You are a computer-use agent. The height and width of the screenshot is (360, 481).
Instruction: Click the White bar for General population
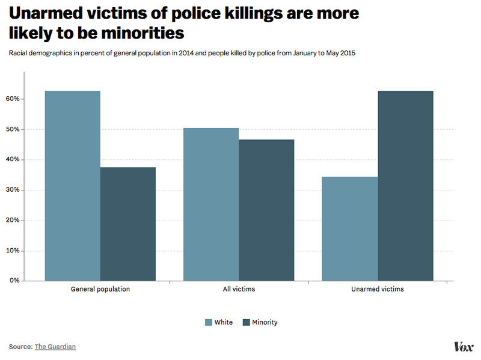click(72, 186)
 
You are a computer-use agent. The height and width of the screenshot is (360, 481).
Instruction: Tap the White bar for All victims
click(210, 204)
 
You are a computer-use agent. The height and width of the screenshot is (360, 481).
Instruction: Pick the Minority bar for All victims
click(266, 210)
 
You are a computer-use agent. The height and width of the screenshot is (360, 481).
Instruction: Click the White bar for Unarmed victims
click(349, 228)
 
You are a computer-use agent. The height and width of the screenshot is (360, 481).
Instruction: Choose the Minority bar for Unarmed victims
click(405, 186)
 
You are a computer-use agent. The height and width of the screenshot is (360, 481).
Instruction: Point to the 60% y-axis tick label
click(13, 99)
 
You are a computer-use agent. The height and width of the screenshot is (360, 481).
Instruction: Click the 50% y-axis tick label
click(13, 129)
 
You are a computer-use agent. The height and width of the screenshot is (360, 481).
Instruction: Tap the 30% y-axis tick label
click(13, 190)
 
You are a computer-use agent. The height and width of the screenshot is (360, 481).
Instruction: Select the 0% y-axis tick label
click(14, 281)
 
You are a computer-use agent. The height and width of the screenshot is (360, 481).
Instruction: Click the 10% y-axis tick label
click(13, 251)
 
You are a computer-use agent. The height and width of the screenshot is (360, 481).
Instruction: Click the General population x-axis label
click(100, 289)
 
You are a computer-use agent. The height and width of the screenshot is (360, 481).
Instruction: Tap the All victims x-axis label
click(239, 289)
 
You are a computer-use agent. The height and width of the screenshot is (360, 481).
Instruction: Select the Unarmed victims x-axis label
click(377, 289)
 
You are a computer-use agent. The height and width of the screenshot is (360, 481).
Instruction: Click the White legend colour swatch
click(209, 322)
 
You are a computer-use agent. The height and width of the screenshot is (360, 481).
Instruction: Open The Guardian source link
click(55, 347)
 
